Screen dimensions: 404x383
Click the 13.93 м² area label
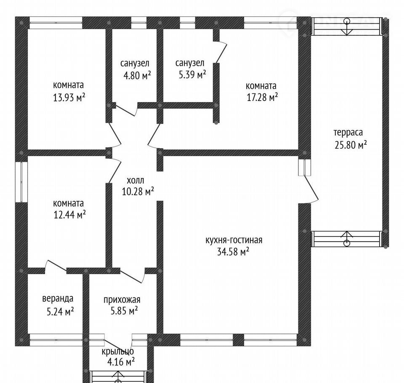coord(69,98)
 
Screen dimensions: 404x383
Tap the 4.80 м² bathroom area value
coord(137,75)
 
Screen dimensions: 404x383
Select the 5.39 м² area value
coord(192,75)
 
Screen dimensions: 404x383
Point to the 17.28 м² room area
coord(262,97)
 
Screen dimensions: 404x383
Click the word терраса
coord(348,133)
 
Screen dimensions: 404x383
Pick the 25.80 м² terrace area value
coord(351,145)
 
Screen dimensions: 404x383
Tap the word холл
coord(135,180)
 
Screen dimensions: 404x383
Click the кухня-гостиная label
coord(234,240)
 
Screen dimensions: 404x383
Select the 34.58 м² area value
coord(233,252)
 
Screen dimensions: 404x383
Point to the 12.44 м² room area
coord(69,215)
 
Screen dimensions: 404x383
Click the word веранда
coord(58,298)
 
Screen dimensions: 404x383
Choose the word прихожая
coord(122,300)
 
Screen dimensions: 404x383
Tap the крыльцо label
coord(118,351)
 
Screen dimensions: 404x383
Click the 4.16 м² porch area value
coord(121,362)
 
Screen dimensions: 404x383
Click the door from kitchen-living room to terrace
coord(311,189)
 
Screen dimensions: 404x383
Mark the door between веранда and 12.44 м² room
coord(56,266)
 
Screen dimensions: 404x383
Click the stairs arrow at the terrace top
coord(347,27)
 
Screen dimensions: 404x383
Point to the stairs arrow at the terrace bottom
coord(347,238)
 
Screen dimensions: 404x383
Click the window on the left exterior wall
coord(21,182)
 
